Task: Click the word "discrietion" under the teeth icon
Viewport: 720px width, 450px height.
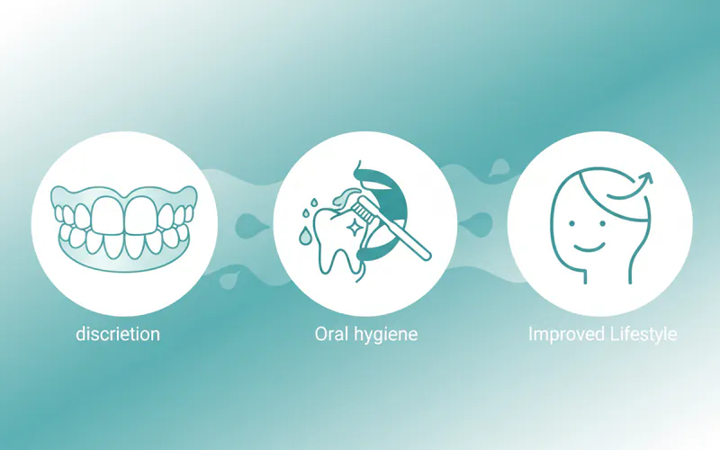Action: (118, 334)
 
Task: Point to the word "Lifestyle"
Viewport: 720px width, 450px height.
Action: (642, 335)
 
